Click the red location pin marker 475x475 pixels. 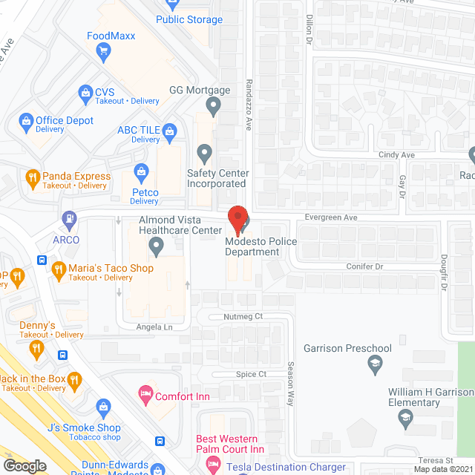point(237,220)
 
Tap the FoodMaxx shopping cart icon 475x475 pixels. point(104,50)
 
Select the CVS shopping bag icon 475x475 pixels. point(85,94)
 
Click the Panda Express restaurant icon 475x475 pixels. point(32,177)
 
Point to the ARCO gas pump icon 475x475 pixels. point(70,220)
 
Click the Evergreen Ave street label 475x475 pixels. point(332,217)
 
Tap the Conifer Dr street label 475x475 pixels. point(364,266)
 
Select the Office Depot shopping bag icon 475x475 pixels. point(25,121)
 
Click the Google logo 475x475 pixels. point(24,465)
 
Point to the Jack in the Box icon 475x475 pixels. point(74,381)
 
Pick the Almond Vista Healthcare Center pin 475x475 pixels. point(156,245)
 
